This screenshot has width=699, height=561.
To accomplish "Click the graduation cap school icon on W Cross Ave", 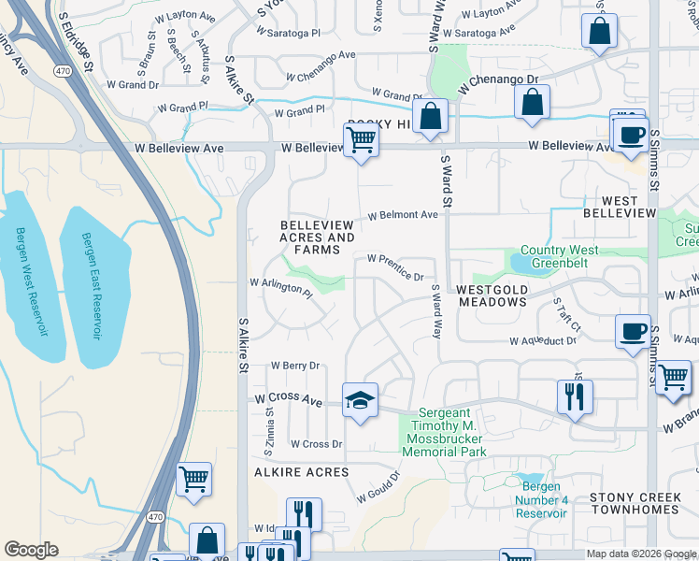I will point(360,400).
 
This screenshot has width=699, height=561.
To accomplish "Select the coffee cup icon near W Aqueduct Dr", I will point(634,331).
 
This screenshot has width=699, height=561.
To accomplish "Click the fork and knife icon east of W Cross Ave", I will point(575,396).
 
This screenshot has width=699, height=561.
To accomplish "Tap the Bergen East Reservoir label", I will point(92,286).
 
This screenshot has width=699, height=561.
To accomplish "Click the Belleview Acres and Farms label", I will point(317,237).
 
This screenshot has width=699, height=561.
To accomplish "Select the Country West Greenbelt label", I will point(560,257).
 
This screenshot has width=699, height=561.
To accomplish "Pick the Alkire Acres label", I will point(289,472).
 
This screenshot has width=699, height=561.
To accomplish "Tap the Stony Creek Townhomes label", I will point(634,502).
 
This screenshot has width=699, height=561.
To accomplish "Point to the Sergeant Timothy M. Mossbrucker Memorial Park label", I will point(444,432).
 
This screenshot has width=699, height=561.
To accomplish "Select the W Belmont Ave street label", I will point(403,215).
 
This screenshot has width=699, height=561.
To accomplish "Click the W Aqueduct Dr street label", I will point(545,341).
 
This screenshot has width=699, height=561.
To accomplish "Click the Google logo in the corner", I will point(31,550).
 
